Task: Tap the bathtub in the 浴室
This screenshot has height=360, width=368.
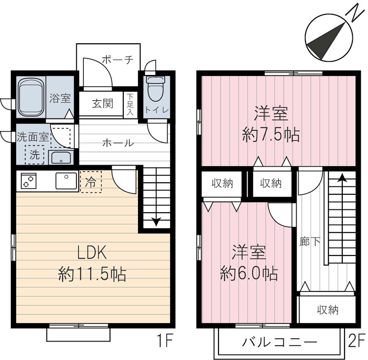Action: point(31,98)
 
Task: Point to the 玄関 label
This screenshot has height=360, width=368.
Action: point(102,104)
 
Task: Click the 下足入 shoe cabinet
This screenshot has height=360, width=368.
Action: point(130,105)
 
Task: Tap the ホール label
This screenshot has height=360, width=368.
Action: point(118,143)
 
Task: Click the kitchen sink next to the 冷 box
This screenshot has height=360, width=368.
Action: point(67,180)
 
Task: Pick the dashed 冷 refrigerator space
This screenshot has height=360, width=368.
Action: point(91,181)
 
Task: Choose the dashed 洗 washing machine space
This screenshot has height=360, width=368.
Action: point(35,155)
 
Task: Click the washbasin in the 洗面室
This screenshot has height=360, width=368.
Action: point(60,158)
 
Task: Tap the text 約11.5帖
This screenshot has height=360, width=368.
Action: point(92,275)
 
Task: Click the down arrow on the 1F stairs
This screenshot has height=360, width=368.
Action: point(155,221)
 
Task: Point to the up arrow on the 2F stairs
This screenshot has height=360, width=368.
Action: point(342,178)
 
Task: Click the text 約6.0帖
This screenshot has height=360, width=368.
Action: point(249,274)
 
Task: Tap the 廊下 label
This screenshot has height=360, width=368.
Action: point(304,241)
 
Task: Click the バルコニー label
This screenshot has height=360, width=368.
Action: point(280,343)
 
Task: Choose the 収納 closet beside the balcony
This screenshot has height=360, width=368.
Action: point(328,310)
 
